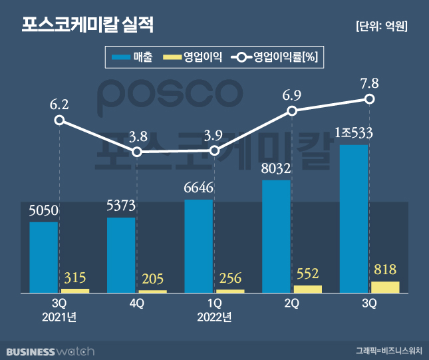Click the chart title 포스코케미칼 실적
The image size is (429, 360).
(87, 25)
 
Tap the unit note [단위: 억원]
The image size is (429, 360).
(382, 27)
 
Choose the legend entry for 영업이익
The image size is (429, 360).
(192, 57)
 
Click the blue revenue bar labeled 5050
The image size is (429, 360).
(44, 257)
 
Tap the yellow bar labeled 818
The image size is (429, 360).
(385, 287)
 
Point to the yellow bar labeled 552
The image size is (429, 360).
(307, 289)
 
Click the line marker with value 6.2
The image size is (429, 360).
(59, 120)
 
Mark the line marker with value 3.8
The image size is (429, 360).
(137, 152)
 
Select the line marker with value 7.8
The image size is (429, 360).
(370, 99)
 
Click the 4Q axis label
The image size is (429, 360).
(137, 303)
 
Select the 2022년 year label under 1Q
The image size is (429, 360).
(214, 316)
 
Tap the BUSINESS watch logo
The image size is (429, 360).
(51, 351)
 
